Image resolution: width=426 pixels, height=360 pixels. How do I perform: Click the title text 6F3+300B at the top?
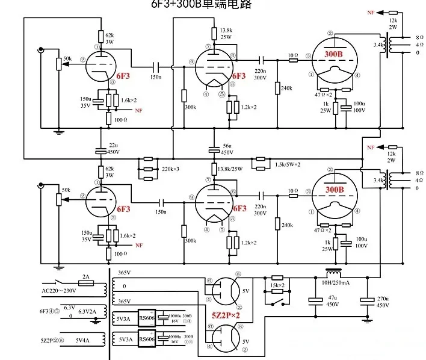tap(181, 5)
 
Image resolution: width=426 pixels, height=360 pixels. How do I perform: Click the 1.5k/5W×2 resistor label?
tap(287, 164)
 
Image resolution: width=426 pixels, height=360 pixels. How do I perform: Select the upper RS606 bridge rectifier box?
tap(147, 318)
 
